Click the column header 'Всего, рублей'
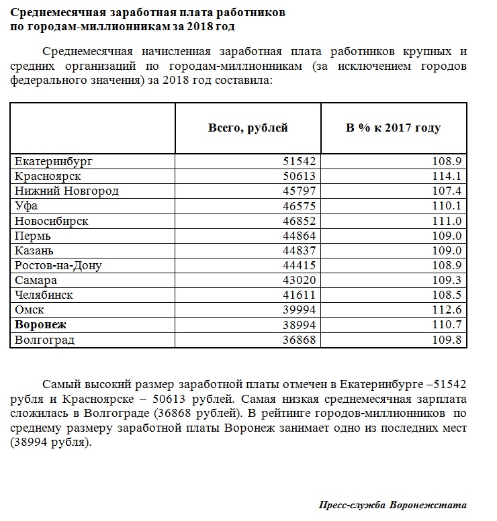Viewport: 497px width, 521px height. (248, 128)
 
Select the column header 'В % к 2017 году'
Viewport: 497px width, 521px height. (394, 128)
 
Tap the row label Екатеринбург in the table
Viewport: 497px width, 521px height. (53, 162)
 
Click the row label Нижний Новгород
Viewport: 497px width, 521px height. (66, 191)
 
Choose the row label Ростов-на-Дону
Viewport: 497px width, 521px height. (58, 265)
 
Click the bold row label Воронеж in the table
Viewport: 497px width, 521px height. (41, 324)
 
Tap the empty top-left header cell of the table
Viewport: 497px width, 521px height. (93, 128)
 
